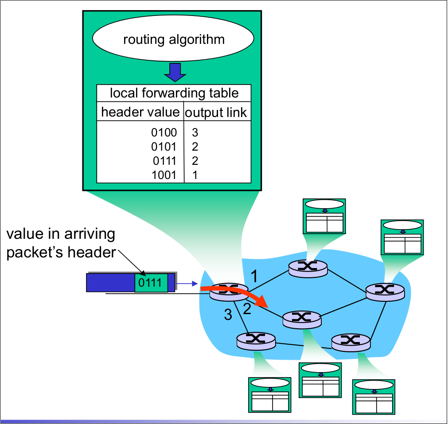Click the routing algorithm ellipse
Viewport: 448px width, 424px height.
click(x=173, y=39)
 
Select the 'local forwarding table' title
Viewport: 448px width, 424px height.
click(x=174, y=93)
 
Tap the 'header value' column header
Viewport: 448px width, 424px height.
click(x=140, y=112)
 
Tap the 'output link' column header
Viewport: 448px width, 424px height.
click(x=216, y=113)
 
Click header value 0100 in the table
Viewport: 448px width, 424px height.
click(x=164, y=132)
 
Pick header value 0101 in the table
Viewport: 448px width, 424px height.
click(x=164, y=147)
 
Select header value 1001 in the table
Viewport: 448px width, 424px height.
click(x=164, y=175)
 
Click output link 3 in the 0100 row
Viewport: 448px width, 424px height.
click(x=195, y=132)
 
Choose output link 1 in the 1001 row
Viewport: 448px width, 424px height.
click(x=195, y=175)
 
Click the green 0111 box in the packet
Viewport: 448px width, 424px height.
click(x=151, y=283)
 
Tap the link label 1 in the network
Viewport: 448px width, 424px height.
click(x=254, y=276)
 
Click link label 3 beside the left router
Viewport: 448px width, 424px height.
click(x=228, y=315)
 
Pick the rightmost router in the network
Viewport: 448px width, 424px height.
click(x=385, y=291)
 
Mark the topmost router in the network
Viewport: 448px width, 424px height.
click(x=308, y=267)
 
